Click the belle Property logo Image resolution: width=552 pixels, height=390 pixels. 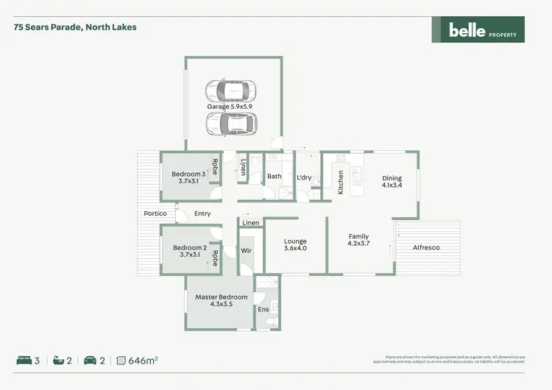[x=478, y=29]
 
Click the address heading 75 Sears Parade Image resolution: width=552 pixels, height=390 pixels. [x=75, y=27]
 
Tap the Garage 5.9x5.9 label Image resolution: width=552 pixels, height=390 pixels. [x=230, y=107]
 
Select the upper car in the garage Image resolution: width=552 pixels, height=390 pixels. [x=231, y=91]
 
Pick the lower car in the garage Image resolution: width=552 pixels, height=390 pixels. [x=231, y=124]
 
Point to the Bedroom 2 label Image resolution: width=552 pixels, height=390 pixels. [x=189, y=252]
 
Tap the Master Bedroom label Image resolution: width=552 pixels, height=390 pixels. [x=221, y=300]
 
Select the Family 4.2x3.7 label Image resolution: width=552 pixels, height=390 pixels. [x=358, y=240]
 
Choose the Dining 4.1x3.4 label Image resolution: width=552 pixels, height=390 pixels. [x=392, y=182]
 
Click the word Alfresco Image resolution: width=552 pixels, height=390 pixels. [x=425, y=248]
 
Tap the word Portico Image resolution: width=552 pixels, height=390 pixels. [x=155, y=213]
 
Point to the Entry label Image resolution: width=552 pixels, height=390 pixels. [x=202, y=213]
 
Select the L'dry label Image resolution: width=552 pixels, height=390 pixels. [x=304, y=177]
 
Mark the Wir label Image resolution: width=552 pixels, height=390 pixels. [x=247, y=250]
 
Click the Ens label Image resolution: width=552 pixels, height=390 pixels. [x=263, y=310]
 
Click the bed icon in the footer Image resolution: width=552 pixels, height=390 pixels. [x=24, y=361]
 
